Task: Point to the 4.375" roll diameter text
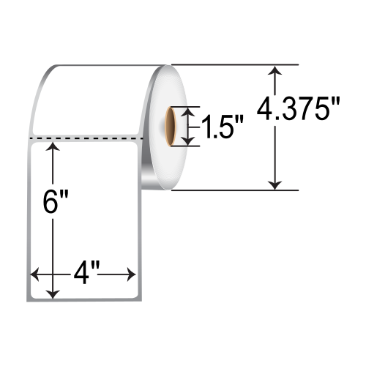coord(299,112)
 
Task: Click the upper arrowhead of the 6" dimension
coord(53,147)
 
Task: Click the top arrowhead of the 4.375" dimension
coord(275,70)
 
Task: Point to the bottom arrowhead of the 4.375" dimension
coord(275,184)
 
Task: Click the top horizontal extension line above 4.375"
coord(234,64)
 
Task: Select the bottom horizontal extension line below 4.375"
coord(234,190)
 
